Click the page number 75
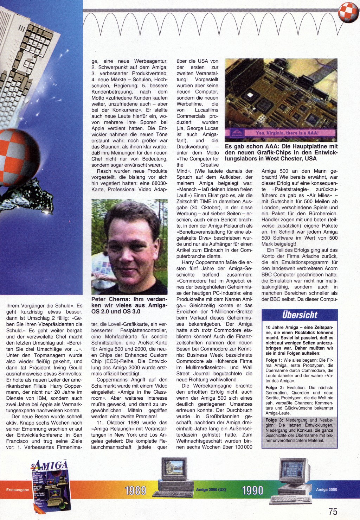[333, 511]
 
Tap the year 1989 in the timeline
[135, 490]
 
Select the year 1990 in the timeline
[252, 490]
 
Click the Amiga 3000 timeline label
[326, 489]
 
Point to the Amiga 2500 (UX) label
[211, 489]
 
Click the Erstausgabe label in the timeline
[18, 490]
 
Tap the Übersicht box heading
[300, 315]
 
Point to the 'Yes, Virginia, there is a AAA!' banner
[287, 133]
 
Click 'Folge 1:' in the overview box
[274, 360]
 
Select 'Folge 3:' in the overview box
[274, 420]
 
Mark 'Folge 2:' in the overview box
[274, 388]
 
